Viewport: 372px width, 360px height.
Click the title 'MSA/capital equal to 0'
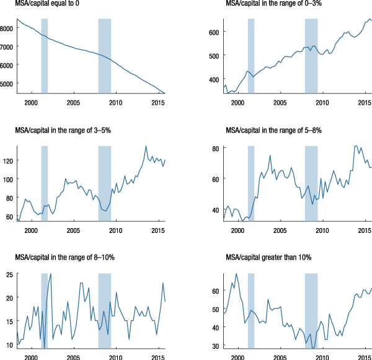pyautogui.click(x=46, y=6)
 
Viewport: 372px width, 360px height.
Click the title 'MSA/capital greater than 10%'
pyautogui.click(x=266, y=258)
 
